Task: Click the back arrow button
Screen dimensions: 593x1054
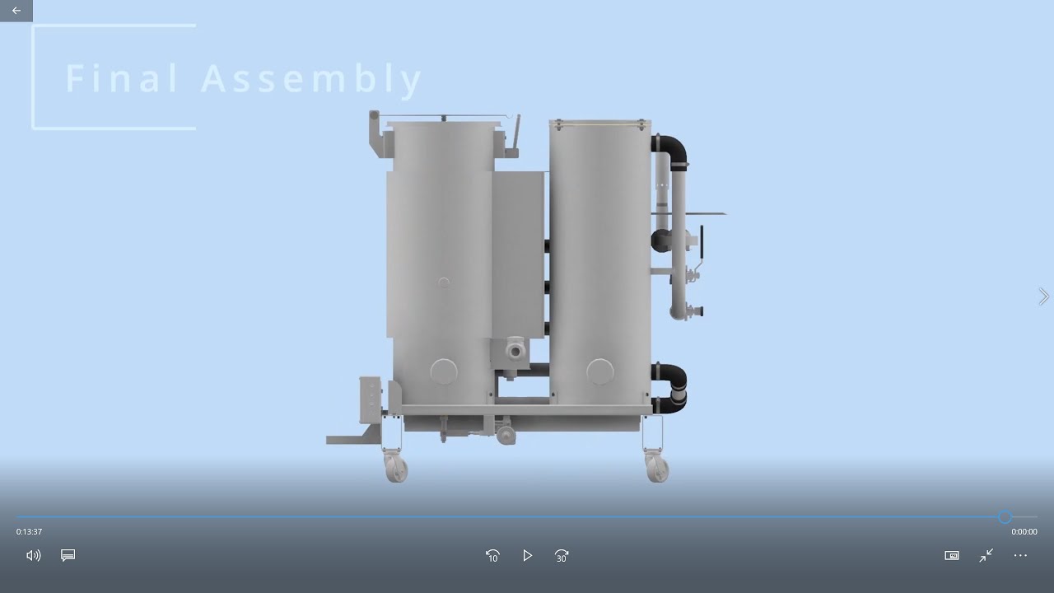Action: [16, 11]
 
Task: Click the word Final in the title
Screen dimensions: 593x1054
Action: [121, 78]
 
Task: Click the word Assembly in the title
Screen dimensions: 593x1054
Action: [311, 78]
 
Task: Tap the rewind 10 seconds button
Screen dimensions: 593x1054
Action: [492, 556]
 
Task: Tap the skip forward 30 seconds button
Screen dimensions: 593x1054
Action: [562, 556]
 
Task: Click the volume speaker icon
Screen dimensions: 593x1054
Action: [34, 555]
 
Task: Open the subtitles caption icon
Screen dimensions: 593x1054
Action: [68, 555]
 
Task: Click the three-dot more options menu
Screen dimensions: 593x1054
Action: [1020, 555]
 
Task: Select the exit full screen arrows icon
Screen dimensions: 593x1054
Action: [986, 555]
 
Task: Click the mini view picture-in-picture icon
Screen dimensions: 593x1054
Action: [951, 555]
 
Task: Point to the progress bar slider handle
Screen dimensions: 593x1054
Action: [1005, 517]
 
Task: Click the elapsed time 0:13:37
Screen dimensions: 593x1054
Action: [29, 532]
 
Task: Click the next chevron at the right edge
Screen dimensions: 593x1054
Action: [1043, 296]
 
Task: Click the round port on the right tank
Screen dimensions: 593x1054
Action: [599, 371]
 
